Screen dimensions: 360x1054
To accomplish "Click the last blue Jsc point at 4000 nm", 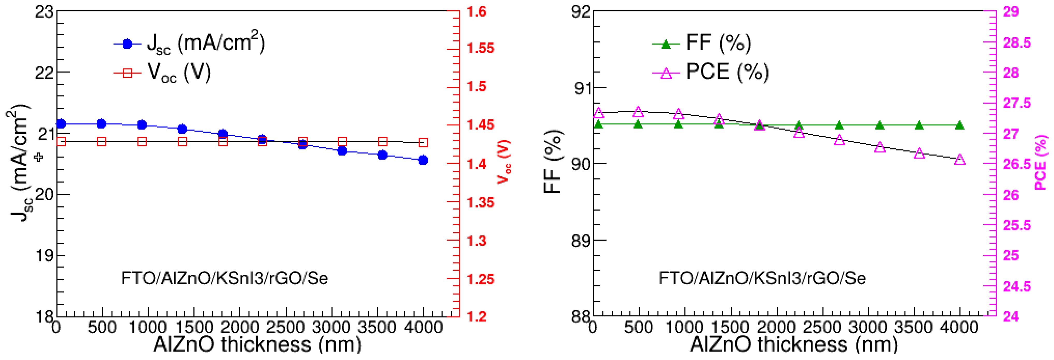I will click(423, 160).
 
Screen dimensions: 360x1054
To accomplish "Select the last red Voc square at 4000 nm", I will click(423, 142).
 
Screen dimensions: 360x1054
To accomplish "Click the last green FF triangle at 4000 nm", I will click(960, 125).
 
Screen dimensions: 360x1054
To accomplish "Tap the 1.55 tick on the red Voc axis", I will click(480, 48).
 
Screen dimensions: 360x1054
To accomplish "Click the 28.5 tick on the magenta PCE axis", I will click(1017, 42).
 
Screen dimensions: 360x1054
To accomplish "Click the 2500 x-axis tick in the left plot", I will click(285, 328).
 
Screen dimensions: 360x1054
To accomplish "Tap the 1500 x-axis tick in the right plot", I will click(730, 328).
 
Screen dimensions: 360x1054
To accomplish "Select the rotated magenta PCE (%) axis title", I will click(1041, 163).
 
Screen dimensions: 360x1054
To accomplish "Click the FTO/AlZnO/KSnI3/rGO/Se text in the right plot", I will click(762, 278).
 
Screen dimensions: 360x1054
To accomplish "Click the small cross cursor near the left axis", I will click(39, 157).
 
